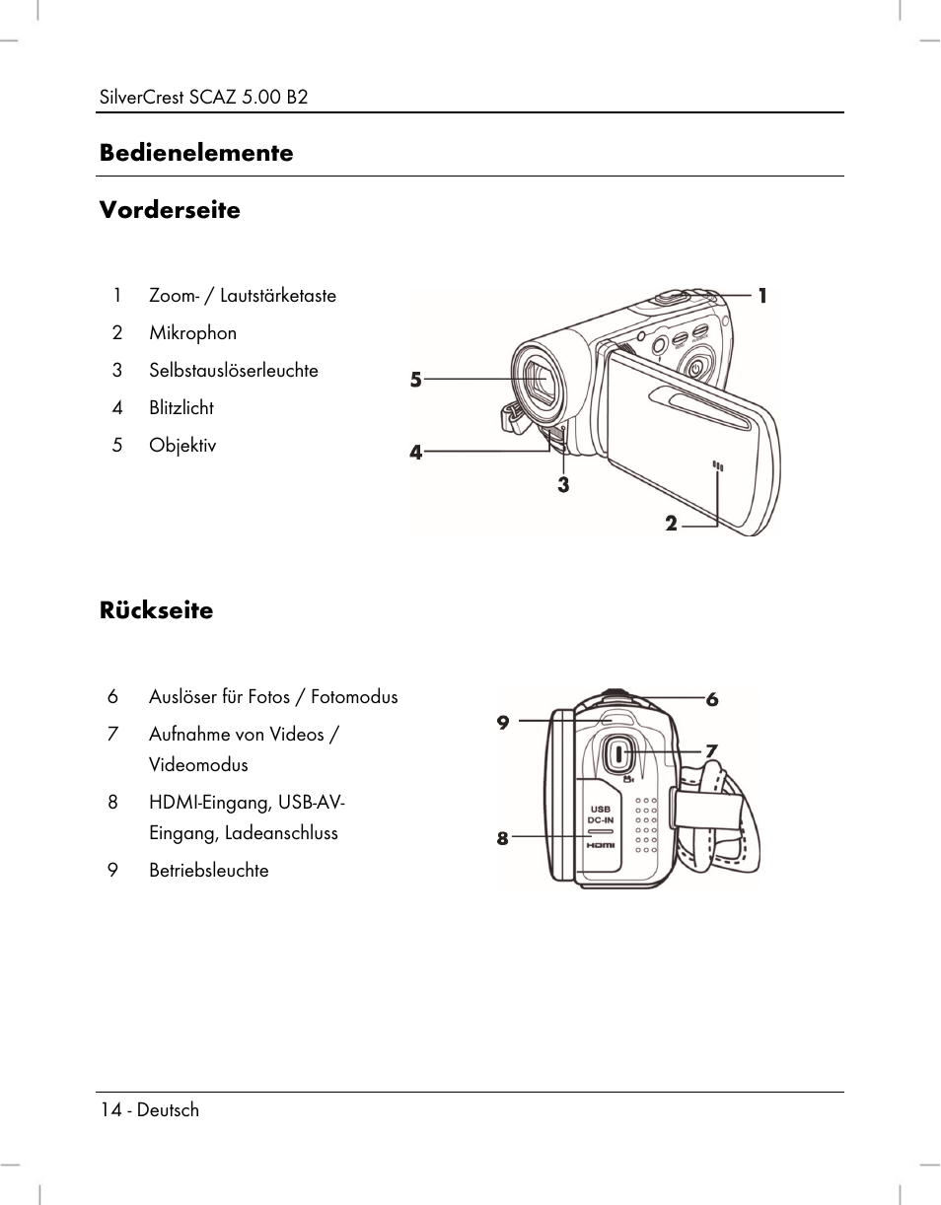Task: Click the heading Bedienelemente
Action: [x=195, y=153]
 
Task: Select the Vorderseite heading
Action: [x=169, y=210]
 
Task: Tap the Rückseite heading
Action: [x=156, y=610]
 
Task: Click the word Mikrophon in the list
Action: [x=192, y=333]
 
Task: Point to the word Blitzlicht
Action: [x=181, y=408]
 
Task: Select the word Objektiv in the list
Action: [x=182, y=446]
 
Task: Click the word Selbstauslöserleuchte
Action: [x=234, y=371]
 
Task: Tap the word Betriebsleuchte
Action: [x=208, y=871]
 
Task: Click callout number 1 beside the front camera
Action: [x=762, y=295]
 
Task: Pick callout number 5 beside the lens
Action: [x=416, y=380]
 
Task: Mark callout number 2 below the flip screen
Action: [x=671, y=525]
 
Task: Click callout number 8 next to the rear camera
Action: [x=502, y=839]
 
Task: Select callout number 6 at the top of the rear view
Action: [x=711, y=700]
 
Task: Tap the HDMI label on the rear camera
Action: [x=601, y=846]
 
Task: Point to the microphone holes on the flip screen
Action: [x=718, y=466]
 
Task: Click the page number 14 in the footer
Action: [x=110, y=1110]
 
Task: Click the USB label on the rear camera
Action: [x=601, y=810]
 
